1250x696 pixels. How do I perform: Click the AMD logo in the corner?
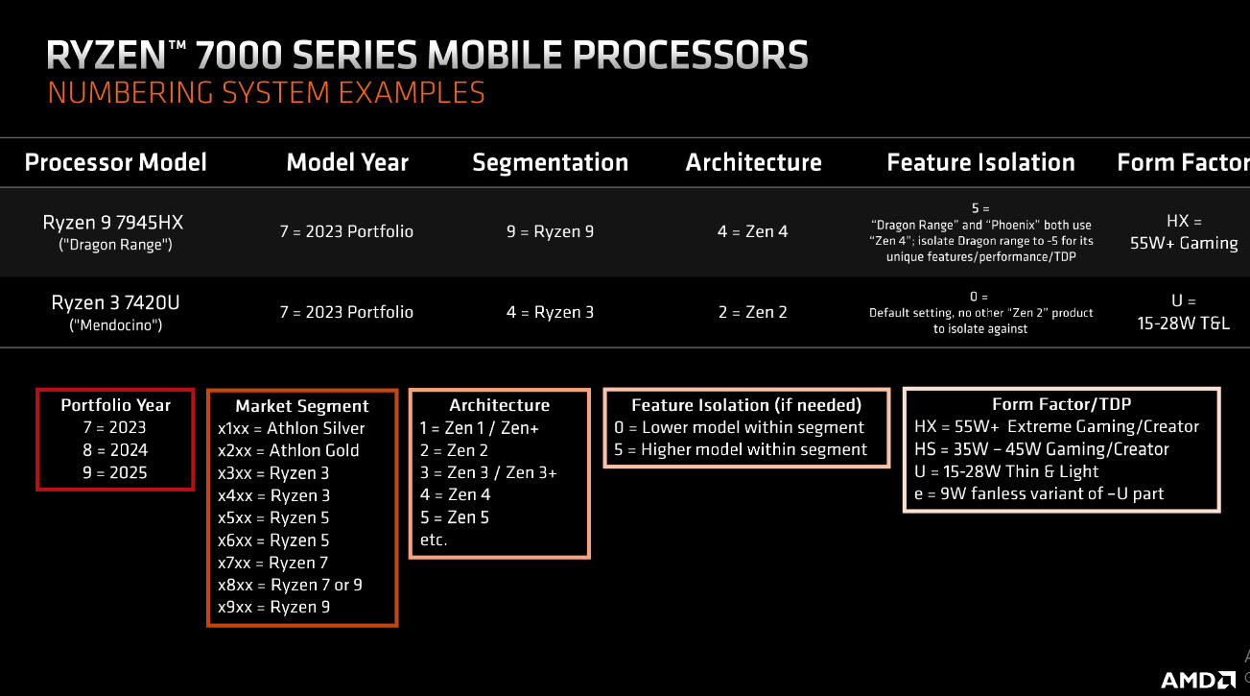coord(1198,680)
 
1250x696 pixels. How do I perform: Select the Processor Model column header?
coord(115,162)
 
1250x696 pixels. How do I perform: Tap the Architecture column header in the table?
coord(753,162)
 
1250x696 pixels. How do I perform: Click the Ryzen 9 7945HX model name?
coord(113,223)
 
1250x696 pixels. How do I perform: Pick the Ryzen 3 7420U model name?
coord(115,303)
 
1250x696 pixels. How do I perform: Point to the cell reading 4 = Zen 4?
coord(752,231)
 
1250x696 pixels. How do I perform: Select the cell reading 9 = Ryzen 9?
coord(550,231)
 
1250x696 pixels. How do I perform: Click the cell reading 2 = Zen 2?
coord(752,312)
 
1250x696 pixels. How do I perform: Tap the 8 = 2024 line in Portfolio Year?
coord(115,450)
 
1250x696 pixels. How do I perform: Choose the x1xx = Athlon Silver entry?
coord(292,428)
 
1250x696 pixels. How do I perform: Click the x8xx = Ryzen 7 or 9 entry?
coord(290,585)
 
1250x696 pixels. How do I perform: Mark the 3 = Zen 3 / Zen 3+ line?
coord(488,472)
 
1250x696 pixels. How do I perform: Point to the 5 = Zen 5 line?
coord(455,517)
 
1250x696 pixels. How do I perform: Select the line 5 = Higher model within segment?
coord(741,449)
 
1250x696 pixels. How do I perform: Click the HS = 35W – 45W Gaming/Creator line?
coord(1042,449)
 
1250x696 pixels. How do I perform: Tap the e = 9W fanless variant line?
coord(1039,493)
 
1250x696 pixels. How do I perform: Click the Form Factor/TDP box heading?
coord(1061,404)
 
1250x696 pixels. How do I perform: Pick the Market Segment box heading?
coord(302,406)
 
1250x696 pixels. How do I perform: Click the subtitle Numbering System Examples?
coord(266,93)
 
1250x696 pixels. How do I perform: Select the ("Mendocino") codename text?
coord(115,325)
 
